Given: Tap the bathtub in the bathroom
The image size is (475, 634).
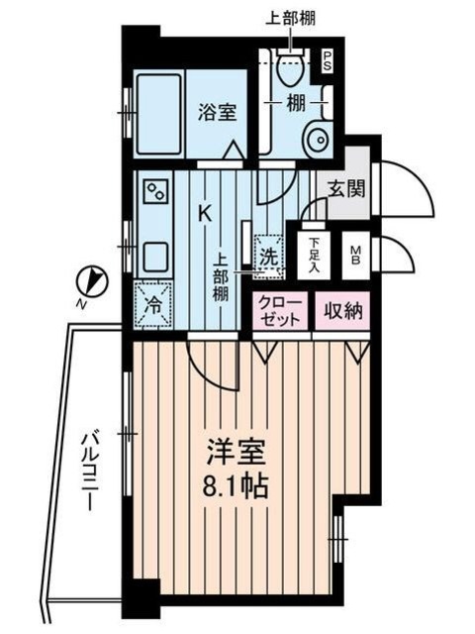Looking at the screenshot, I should [x=157, y=111].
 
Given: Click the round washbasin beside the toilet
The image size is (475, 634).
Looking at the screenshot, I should [x=320, y=139].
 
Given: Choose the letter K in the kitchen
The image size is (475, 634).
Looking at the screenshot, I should [x=205, y=212].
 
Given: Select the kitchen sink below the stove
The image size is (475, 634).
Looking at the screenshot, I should [x=156, y=256].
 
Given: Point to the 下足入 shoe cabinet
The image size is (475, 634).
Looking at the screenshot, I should [x=314, y=255].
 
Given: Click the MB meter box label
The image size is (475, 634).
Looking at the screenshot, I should [x=353, y=255].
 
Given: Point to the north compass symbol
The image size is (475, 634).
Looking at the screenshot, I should [x=92, y=281].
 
